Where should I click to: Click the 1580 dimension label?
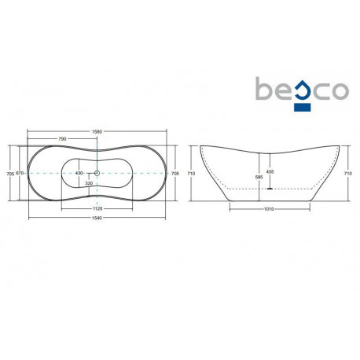coord(97,132)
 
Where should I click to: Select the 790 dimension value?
coord(62,139)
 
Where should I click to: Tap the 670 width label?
coord(20,173)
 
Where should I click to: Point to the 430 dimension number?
coord(79,173)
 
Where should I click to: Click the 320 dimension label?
coord(89,184)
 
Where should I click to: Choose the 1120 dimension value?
coord(97,209)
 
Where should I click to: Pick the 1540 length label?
coord(97,218)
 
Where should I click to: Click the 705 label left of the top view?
coord(10,174)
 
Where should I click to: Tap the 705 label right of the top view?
coord(175,174)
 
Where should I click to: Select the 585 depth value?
coord(259,177)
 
